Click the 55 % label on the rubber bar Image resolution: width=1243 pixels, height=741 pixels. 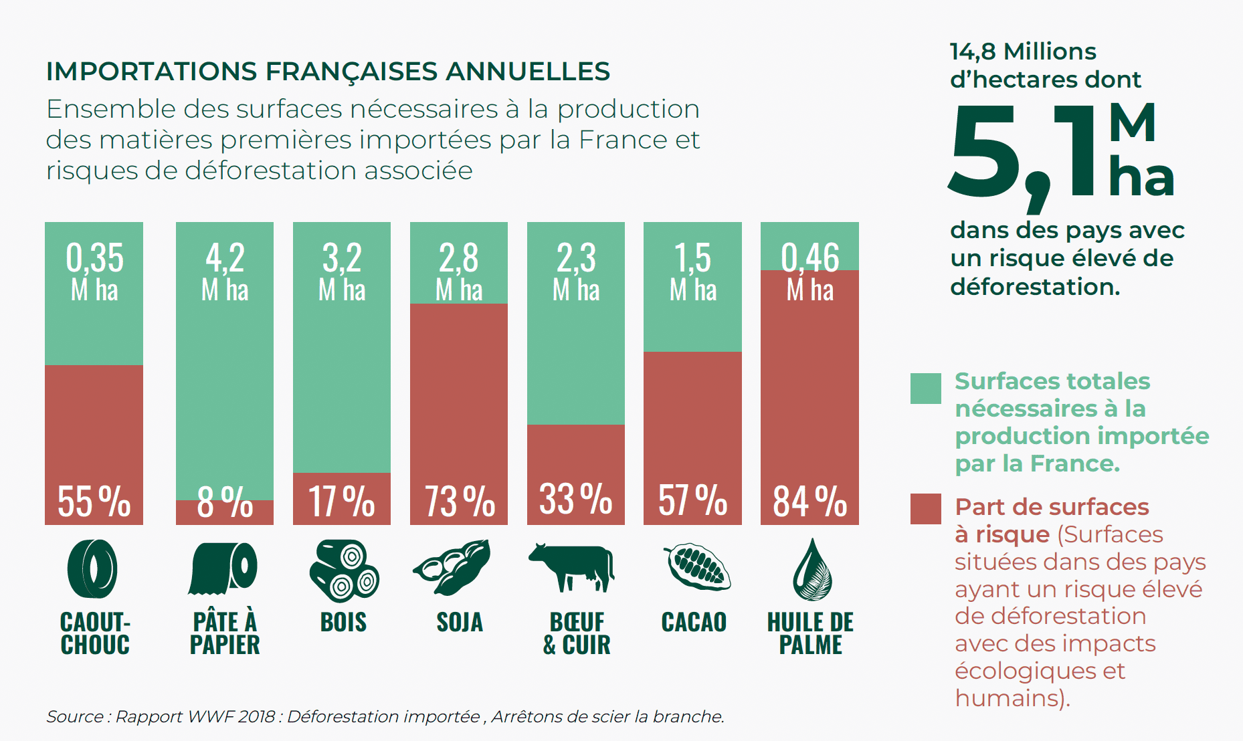click(94, 501)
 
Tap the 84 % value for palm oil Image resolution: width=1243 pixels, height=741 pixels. click(809, 501)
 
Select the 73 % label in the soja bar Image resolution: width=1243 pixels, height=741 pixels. click(460, 501)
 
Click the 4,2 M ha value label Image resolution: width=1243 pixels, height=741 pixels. click(225, 272)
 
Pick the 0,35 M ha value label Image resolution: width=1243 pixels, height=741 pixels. click(94, 272)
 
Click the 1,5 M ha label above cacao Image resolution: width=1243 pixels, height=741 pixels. click(693, 272)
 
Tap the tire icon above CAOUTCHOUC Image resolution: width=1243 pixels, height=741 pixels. click(93, 568)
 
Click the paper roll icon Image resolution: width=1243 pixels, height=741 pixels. click(223, 568)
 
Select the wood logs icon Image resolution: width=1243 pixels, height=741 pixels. click(343, 570)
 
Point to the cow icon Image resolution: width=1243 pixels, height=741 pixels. click(572, 567)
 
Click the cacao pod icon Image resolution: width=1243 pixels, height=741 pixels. click(697, 567)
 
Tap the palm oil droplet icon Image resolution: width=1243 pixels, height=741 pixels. click(811, 570)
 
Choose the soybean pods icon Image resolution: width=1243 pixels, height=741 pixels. click(453, 568)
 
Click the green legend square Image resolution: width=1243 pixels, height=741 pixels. click(925, 389)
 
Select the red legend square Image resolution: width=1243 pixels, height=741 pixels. click(925, 509)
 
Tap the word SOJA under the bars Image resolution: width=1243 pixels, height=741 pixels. click(460, 623)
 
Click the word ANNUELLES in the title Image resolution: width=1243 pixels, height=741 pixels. click(528, 72)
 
